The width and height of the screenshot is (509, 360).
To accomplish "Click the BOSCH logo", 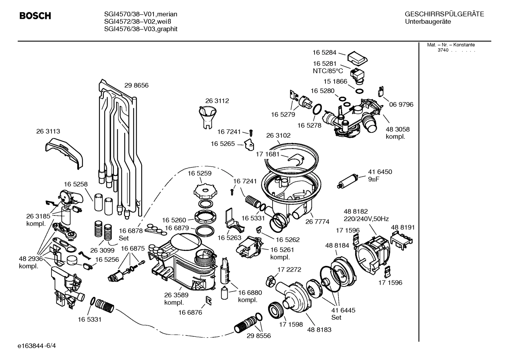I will click(35, 16).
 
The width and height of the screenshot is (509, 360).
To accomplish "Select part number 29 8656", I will click(136, 85).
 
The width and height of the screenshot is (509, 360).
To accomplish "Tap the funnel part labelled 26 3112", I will click(209, 117).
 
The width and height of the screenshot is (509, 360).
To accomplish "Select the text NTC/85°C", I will click(328, 71).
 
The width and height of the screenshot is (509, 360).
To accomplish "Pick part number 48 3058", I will click(397, 129).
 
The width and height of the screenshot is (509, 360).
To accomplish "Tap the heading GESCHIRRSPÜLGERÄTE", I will click(444, 14).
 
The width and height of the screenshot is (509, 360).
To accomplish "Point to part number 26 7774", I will click(317, 222).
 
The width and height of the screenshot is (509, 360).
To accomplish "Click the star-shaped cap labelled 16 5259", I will click(204, 191).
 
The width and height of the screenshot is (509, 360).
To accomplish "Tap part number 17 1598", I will click(291, 324).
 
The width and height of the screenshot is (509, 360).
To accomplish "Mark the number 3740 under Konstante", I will click(443, 50).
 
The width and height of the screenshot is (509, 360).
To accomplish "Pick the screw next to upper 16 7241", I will click(251, 133).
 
